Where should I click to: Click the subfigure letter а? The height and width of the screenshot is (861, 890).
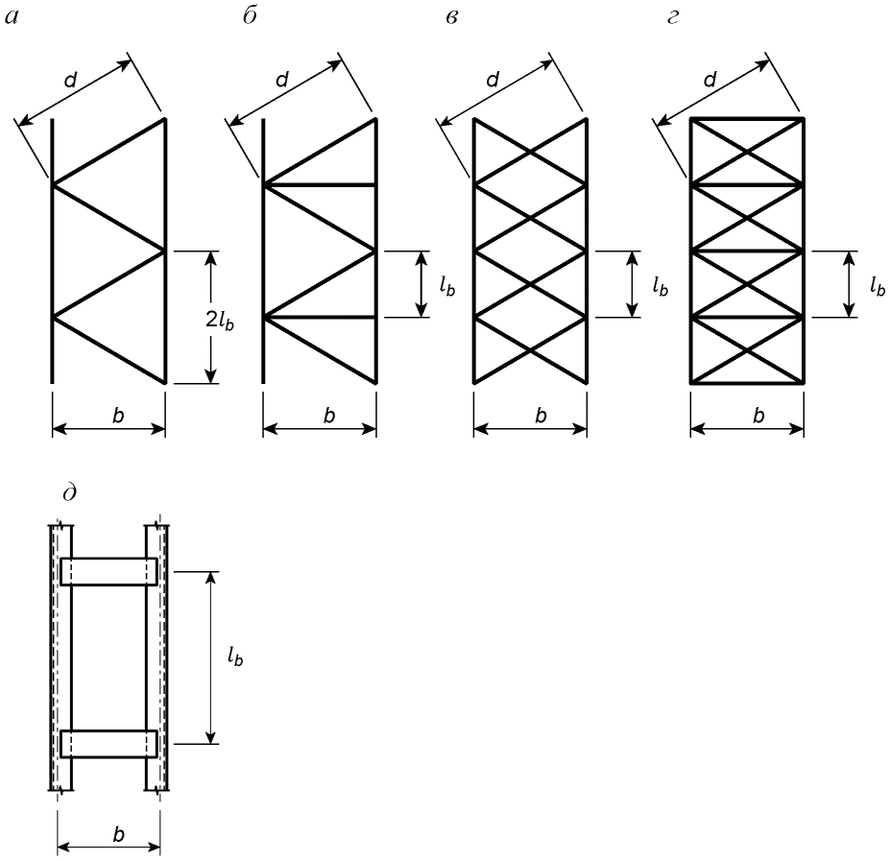click(12, 17)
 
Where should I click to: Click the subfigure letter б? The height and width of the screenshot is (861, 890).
click(250, 15)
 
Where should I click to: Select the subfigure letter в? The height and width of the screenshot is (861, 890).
click(452, 17)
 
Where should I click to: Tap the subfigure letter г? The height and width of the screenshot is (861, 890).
click(673, 17)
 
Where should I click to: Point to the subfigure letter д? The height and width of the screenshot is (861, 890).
click(70, 491)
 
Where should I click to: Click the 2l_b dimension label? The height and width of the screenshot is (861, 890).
click(220, 322)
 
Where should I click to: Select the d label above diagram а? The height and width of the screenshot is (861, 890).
click(70, 81)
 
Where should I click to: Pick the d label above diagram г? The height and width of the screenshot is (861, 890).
click(710, 80)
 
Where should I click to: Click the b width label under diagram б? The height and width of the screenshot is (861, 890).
click(329, 416)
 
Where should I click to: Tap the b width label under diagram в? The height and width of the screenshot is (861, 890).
click(541, 416)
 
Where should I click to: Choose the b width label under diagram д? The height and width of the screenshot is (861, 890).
click(118, 834)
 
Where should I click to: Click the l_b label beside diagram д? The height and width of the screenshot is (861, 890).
click(235, 658)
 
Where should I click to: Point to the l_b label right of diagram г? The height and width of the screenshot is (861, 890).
click(878, 287)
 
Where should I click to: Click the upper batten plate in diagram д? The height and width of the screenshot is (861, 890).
click(109, 571)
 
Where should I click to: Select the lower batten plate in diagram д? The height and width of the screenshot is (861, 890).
click(109, 744)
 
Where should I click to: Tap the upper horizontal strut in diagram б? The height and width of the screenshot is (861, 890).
click(320, 185)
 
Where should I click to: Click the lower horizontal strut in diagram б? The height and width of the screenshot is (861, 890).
click(320, 318)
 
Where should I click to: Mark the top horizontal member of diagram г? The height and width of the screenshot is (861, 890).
click(747, 119)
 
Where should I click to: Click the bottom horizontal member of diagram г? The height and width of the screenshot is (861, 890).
click(747, 383)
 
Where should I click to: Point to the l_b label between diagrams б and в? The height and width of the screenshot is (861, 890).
click(447, 287)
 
